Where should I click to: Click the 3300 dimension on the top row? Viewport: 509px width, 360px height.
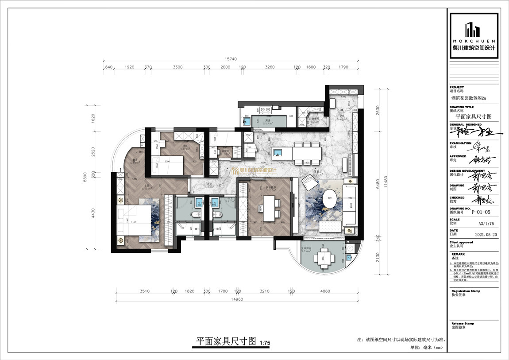(177, 67)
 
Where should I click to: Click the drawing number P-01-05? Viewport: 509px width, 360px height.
(481, 211)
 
